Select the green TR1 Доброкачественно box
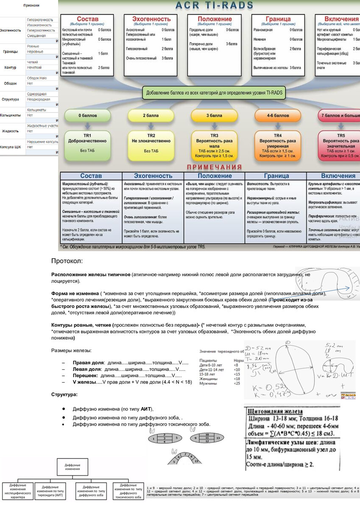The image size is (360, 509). click(88, 144)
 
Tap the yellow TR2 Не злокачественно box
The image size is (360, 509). click(151, 144)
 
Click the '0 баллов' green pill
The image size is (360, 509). click(88, 115)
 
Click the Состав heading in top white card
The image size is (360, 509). click(88, 19)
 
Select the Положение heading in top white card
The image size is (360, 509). click(215, 19)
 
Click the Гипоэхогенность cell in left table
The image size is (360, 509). click(40, 20)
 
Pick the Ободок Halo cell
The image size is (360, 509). click(37, 78)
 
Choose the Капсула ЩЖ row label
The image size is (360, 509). click(11, 147)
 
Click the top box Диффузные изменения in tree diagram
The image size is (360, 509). click(73, 466)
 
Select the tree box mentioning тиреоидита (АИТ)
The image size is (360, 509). click(50, 490)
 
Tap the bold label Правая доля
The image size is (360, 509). click(88, 363)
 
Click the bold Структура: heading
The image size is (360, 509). click(64, 394)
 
